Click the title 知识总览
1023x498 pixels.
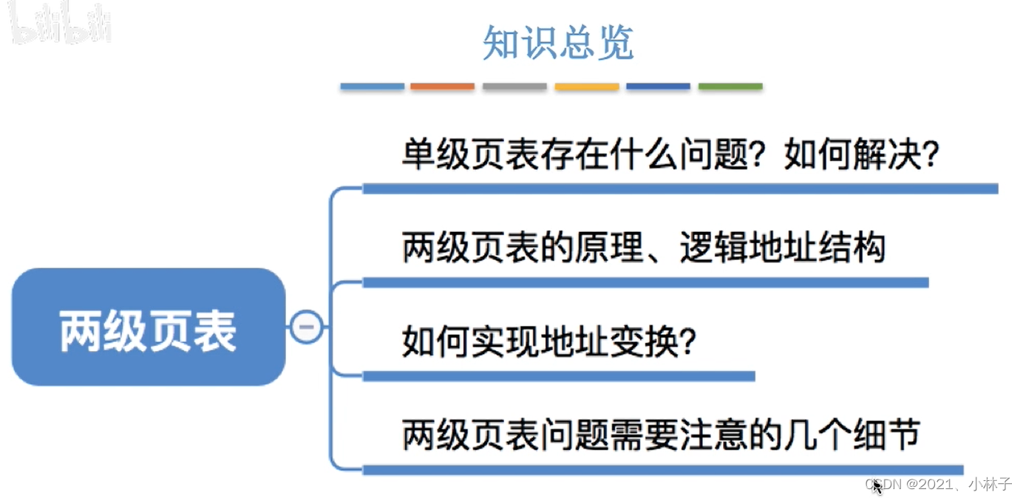click(558, 43)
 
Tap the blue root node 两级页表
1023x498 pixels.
click(148, 327)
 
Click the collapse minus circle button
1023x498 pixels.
click(306, 327)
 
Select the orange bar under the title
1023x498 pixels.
click(442, 87)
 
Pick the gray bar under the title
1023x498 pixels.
click(514, 87)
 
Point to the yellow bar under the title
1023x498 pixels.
click(587, 87)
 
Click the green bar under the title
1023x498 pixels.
click(730, 87)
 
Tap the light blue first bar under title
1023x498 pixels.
click(372, 87)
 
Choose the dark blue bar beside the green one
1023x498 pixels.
click(658, 87)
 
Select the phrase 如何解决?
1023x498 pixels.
click(862, 155)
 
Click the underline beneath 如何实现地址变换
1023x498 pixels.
click(558, 376)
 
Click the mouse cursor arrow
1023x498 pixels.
click(877, 487)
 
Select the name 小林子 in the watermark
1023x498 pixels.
click(990, 484)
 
